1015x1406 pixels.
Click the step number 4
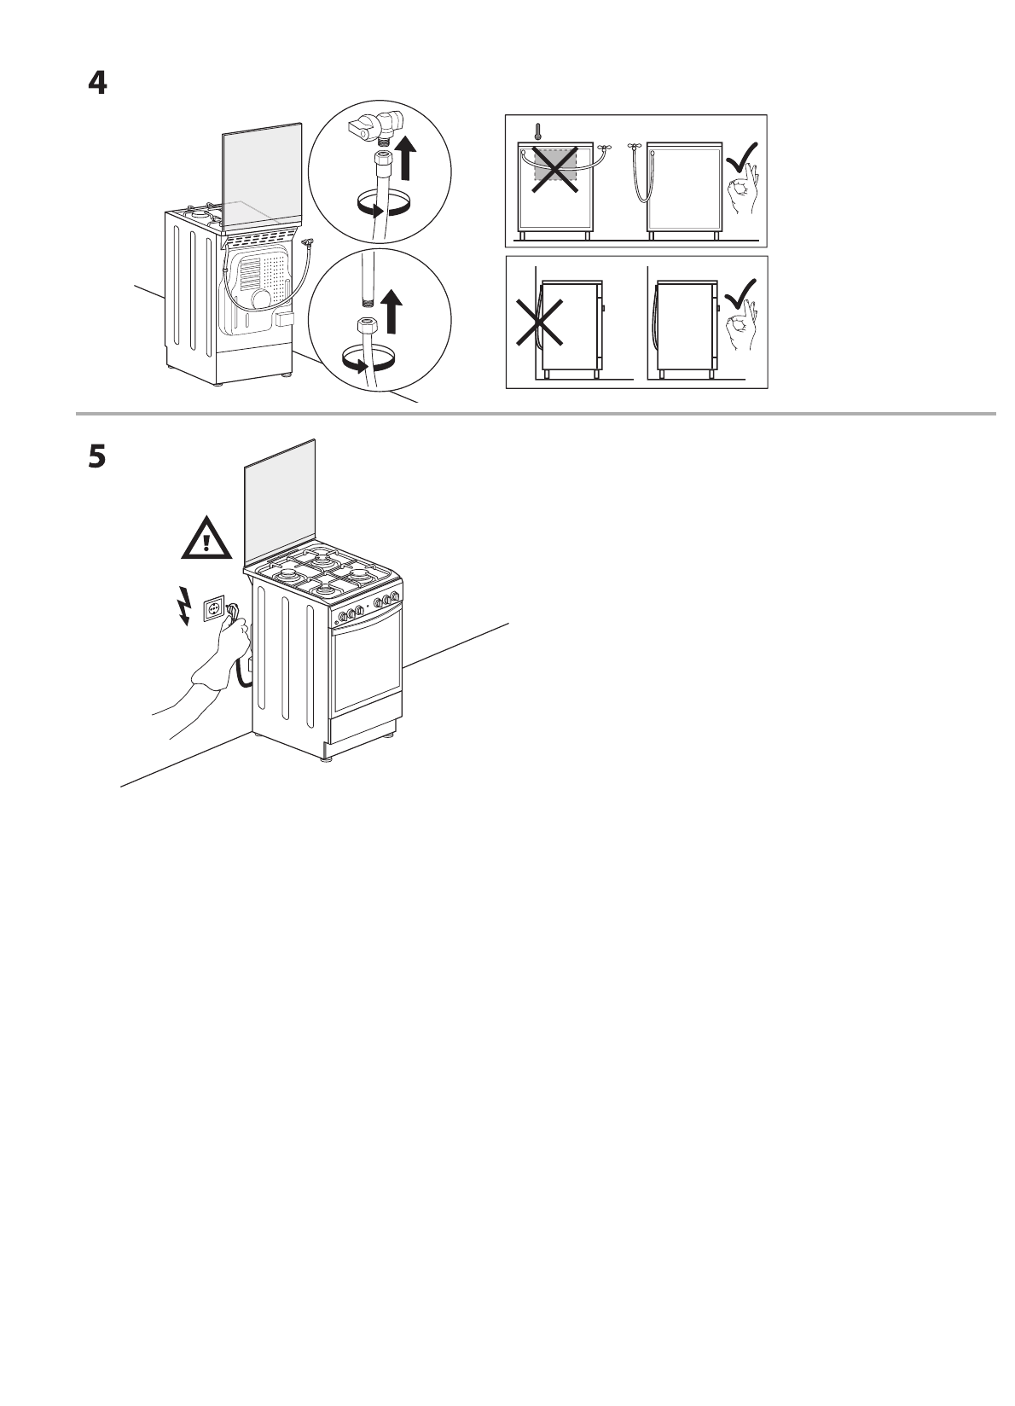(98, 84)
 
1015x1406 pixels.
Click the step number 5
(98, 457)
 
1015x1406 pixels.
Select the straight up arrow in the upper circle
(407, 160)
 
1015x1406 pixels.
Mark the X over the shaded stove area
(555, 167)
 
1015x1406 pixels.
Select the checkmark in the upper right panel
(742, 157)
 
